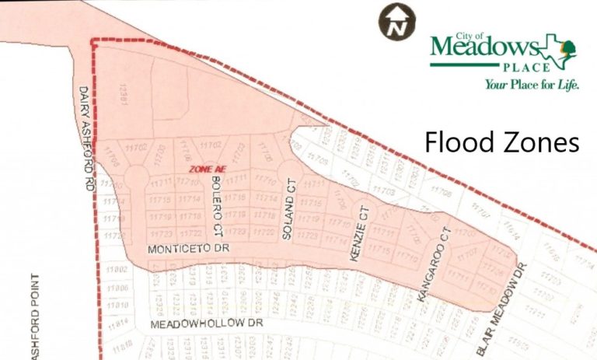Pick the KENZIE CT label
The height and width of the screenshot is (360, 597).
pos(359,233)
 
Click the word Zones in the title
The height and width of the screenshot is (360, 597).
pos(539,142)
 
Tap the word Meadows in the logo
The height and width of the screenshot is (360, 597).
pos(482,49)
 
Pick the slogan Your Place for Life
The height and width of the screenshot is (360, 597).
pos(532,85)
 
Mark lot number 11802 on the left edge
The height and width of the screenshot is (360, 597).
pos(117,269)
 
